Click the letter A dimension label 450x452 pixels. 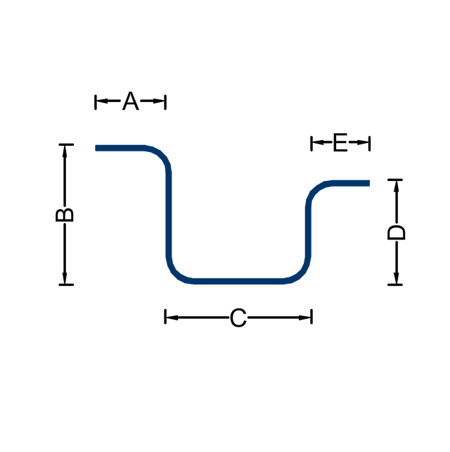click(130, 101)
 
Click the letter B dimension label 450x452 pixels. click(65, 215)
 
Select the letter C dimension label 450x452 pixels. click(238, 318)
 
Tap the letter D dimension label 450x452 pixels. click(396, 232)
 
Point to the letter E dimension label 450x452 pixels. click(340, 142)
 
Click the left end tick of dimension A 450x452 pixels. click(96, 102)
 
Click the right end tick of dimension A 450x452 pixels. click(165, 102)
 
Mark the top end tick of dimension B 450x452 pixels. click(66, 144)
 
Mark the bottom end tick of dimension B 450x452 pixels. click(66, 285)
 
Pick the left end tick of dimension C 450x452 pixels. click(165, 317)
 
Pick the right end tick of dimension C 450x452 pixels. click(311, 317)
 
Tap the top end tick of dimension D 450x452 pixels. click(395, 180)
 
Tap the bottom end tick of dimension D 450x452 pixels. click(395, 285)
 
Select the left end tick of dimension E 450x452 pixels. click(311, 144)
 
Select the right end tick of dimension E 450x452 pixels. click(369, 144)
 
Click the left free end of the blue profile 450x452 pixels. click(96, 148)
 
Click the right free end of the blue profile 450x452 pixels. click(369, 183)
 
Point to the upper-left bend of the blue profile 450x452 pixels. click(161, 156)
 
